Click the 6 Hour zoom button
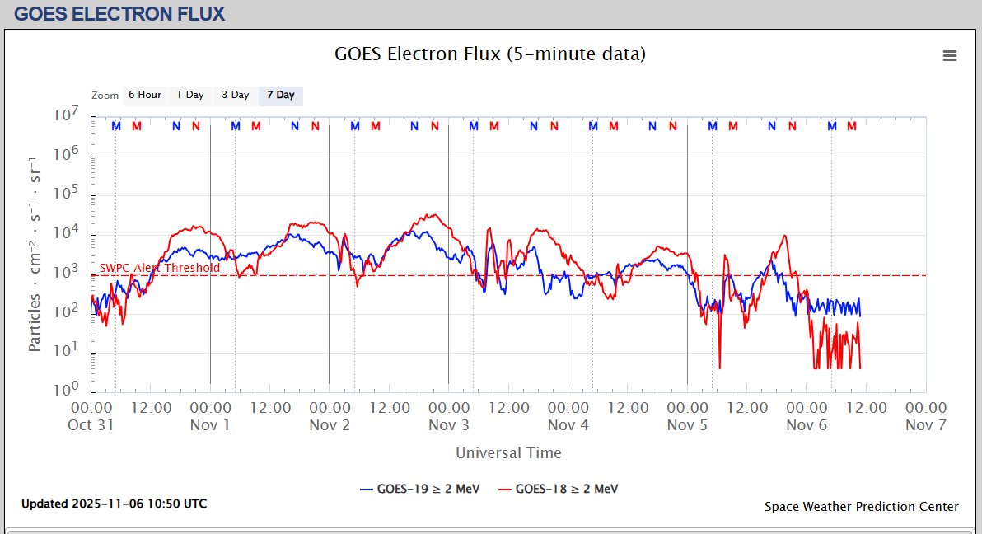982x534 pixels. coord(144,96)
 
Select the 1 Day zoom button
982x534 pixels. coord(190,96)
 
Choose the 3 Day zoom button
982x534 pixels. coord(236,96)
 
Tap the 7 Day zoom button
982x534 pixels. coord(280,96)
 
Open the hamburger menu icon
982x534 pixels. coord(950,56)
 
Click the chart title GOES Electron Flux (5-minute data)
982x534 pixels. coord(490,54)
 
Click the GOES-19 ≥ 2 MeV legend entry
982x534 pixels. coord(420,489)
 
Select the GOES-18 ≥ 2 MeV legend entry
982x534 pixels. coord(559,489)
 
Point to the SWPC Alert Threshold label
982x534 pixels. coord(160,268)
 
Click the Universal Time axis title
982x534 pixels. coord(508,452)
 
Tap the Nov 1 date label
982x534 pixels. coord(210,425)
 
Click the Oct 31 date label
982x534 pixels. coord(91,425)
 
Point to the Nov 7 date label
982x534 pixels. coord(926,425)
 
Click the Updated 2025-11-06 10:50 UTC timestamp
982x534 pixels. coord(115,504)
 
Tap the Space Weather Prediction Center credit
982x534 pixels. coord(861,507)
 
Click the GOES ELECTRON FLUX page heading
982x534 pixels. coord(119,14)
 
